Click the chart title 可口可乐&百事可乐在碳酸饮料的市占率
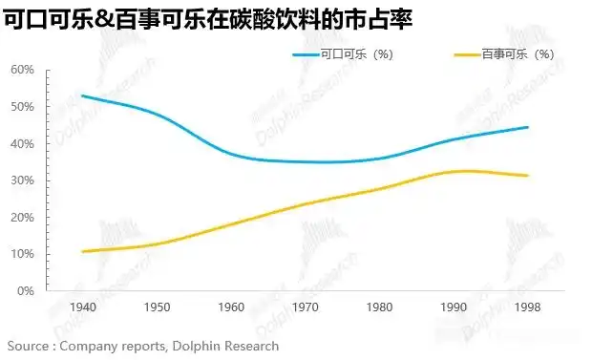208,18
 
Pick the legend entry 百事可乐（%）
517,54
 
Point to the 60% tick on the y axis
23,70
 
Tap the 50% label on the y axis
23,107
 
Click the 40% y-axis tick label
23,144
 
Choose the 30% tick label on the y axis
23,180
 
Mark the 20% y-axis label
23,218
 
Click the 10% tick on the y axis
23,255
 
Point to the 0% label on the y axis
26,291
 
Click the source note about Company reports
143,346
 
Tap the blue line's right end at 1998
528,127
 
